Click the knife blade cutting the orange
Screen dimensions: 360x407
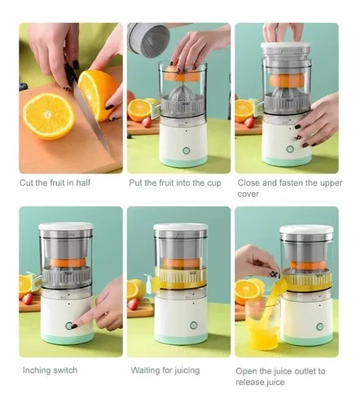(x=90, y=117)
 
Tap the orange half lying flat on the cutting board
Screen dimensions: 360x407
(x=49, y=116)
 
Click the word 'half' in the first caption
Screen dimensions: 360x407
(x=83, y=182)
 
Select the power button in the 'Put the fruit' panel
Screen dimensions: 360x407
(x=186, y=151)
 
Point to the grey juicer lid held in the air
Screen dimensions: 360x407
(x=149, y=40)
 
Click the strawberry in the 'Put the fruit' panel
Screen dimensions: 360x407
(x=147, y=122)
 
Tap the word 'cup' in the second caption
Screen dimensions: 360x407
(x=214, y=183)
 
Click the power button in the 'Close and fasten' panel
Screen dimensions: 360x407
(x=290, y=149)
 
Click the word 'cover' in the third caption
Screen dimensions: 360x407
(x=248, y=195)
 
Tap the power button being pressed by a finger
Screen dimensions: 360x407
(x=69, y=326)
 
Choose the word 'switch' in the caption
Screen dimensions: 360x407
(x=65, y=370)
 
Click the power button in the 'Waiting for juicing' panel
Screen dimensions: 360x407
(x=194, y=325)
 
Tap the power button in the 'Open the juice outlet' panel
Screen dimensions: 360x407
(x=320, y=326)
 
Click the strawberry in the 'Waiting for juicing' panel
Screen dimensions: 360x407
(x=133, y=304)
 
